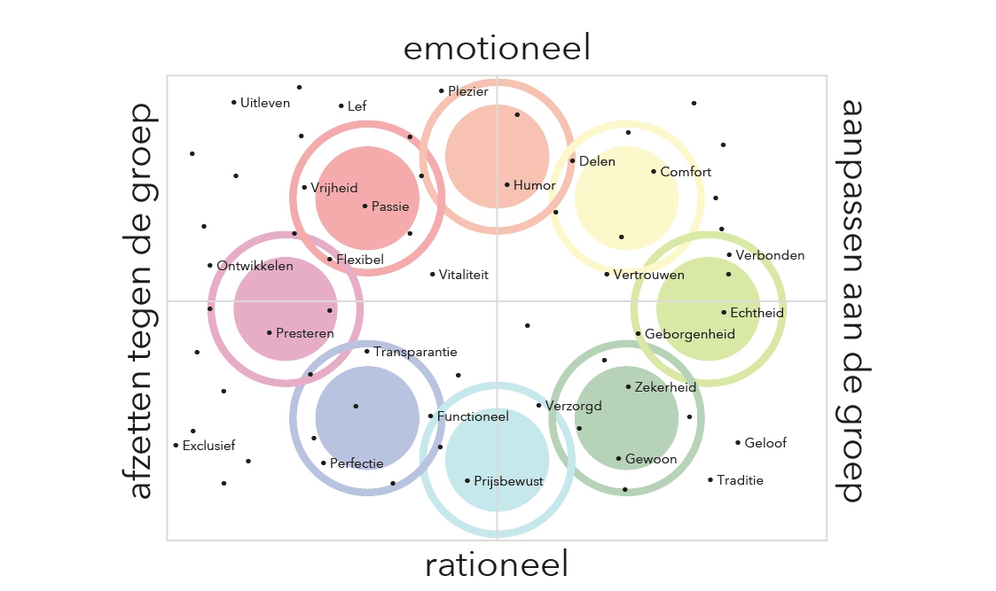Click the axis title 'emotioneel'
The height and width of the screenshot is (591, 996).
coord(497,48)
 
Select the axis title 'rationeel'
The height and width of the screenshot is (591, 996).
coord(497,564)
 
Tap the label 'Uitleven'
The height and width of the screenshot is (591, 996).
coord(265,103)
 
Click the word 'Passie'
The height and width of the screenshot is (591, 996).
coord(390,206)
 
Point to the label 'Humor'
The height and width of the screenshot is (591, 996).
coord(535,185)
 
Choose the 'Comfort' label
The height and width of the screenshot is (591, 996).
coord(686,172)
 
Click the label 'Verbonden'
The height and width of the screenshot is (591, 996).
coord(770,255)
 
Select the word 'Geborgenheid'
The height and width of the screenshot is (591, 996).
coord(690,334)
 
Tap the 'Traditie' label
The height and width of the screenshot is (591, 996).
coord(740,480)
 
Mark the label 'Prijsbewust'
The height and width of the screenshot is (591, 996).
coord(508,481)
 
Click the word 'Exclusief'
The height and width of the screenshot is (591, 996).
coord(208,446)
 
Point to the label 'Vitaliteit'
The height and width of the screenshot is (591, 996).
coord(464,275)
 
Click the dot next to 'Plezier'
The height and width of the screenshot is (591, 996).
coord(441,90)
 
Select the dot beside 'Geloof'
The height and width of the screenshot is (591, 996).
coord(737,442)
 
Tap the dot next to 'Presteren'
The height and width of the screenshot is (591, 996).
coord(269,333)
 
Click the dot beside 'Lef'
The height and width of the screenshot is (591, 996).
coord(341,106)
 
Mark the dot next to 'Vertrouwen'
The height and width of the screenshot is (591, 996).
coord(607,275)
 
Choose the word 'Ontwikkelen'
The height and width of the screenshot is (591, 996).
coord(255,266)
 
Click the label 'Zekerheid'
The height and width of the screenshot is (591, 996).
coord(665,387)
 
